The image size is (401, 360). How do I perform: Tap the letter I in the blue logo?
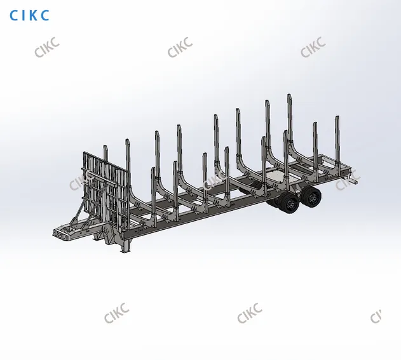coord(22,15)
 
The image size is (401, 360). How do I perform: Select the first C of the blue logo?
coord(13,15)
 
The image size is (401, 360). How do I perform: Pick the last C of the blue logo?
coord(44,15)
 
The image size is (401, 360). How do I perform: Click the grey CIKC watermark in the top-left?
coord(47,47)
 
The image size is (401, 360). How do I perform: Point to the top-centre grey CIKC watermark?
coord(180,47)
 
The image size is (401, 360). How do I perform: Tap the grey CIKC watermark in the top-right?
coord(313,47)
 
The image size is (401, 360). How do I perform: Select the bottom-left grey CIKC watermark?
coord(117,313)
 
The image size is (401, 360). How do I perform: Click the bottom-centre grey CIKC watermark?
coord(250,313)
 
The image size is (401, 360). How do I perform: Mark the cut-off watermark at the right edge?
coord(376,316)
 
